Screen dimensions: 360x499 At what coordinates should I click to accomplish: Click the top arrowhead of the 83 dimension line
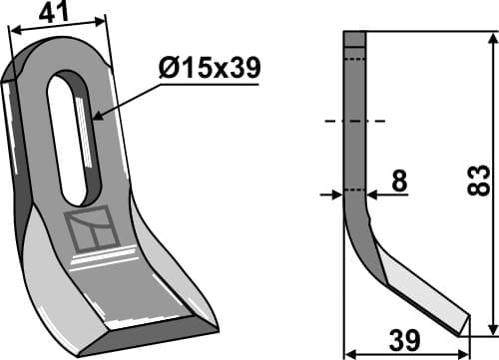point(490,38)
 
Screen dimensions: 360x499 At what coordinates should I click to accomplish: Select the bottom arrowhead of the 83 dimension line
point(490,330)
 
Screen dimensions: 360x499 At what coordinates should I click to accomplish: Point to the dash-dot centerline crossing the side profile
point(354,123)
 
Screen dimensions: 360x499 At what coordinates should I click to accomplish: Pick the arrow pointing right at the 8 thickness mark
point(336,195)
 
